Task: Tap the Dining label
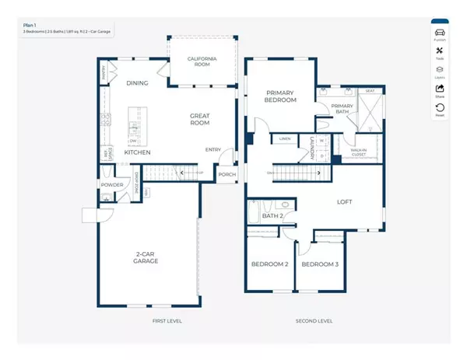click(137, 82)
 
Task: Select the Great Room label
click(200, 119)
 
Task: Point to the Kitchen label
click(137, 152)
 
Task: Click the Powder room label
click(111, 184)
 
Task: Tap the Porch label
click(226, 174)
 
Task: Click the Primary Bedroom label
click(280, 95)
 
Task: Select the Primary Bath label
click(342, 110)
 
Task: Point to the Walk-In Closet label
click(359, 152)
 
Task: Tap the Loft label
click(344, 202)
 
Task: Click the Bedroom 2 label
click(269, 264)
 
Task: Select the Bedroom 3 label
click(321, 264)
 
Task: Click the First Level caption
click(167, 320)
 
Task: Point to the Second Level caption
click(314, 320)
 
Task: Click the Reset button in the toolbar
click(440, 110)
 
